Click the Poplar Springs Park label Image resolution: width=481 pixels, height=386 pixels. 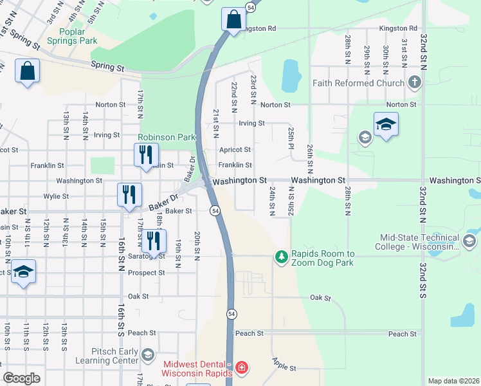[78, 36]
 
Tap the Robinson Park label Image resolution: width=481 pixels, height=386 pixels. [166, 137]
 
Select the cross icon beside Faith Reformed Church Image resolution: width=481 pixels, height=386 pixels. [414, 82]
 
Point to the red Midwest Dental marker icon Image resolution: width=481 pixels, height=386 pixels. [241, 367]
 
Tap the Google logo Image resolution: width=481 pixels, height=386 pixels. [21, 378]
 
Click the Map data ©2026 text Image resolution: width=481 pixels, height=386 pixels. [453, 381]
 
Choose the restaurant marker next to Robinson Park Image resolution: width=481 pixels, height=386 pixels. [145, 154]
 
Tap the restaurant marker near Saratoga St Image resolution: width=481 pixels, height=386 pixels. [153, 241]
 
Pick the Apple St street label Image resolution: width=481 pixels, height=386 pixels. [284, 365]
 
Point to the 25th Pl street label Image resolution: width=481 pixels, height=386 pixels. [291, 140]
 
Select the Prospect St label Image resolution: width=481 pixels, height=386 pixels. [146, 273]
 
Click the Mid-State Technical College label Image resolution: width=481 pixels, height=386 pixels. [420, 243]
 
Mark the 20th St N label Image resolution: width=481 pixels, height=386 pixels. [197, 246]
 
